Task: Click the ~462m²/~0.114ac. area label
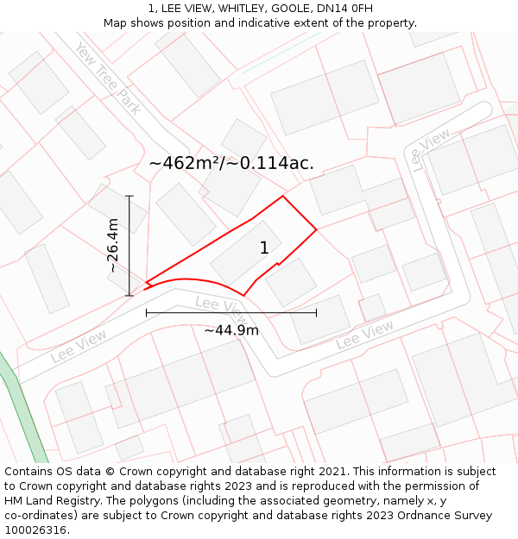(231, 162)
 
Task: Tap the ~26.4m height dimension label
(113, 246)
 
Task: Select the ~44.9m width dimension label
(231, 329)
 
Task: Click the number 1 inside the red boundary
(264, 248)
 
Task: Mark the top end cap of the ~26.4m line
(129, 197)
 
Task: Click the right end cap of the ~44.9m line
(316, 312)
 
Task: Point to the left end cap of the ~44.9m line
(146, 312)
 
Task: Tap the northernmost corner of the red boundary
(282, 197)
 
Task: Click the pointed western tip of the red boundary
(146, 282)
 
